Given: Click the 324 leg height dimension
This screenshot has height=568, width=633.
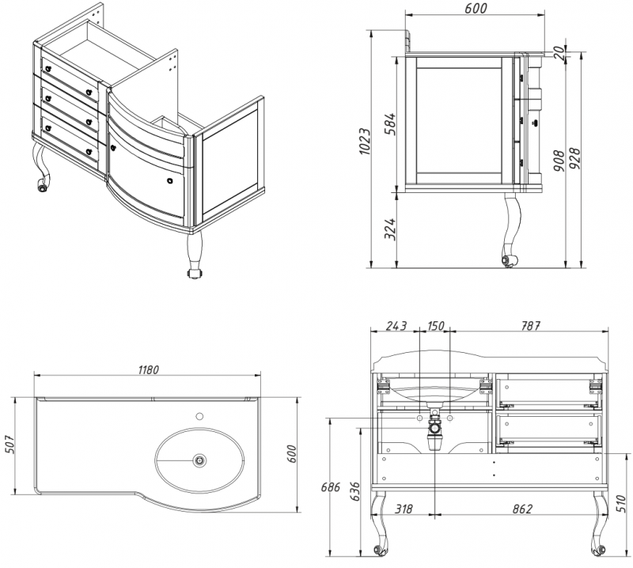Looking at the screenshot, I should (389, 229).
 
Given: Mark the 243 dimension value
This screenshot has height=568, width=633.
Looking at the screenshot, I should (396, 326).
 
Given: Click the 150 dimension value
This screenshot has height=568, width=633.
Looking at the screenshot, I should (436, 326).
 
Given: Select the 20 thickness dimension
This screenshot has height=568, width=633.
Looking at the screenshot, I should (560, 51).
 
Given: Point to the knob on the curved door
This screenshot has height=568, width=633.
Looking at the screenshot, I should (171, 181).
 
